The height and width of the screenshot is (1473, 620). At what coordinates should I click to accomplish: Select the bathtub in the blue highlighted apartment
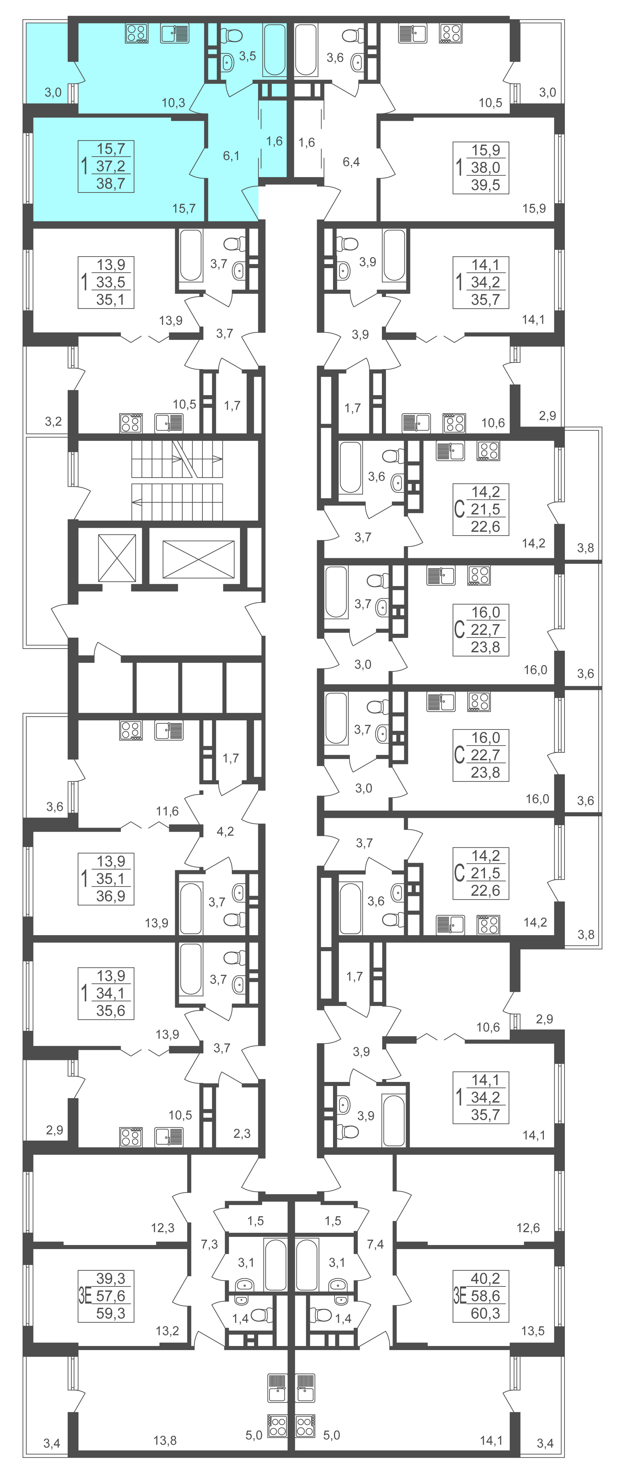(x=275, y=50)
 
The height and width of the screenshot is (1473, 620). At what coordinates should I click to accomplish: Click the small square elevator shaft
(x=117, y=558)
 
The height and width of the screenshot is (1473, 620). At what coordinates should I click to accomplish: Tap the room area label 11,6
(x=167, y=811)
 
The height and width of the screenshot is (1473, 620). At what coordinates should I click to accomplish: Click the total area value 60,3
(x=485, y=1313)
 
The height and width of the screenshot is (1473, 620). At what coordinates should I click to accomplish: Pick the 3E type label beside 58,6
(x=460, y=1296)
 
